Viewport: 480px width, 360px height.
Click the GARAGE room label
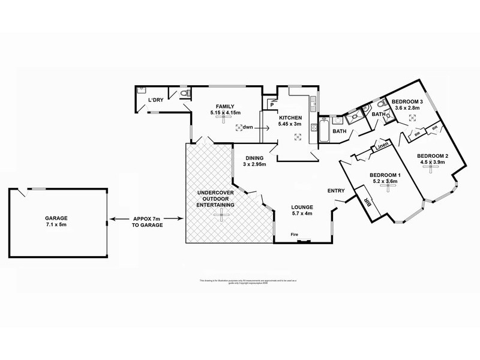[55, 218]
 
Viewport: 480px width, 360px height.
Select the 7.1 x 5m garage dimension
[55, 226]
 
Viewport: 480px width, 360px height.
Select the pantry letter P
[272, 104]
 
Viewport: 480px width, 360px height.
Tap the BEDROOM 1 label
[386, 173]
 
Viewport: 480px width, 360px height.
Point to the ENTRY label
[335, 191]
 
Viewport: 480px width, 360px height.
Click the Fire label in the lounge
[294, 234]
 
